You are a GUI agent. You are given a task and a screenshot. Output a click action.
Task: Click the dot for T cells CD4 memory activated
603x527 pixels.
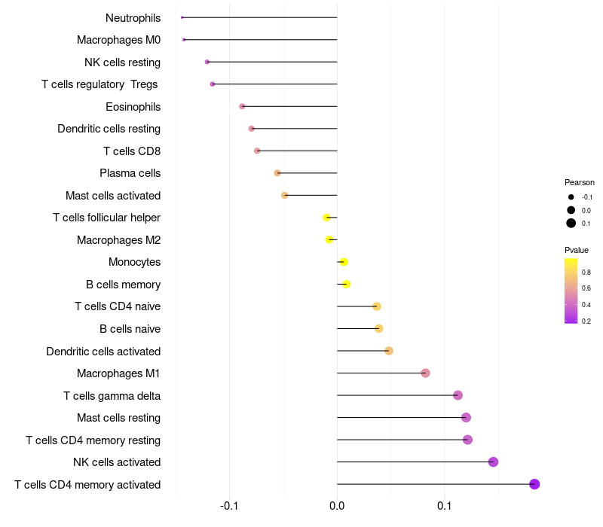534,484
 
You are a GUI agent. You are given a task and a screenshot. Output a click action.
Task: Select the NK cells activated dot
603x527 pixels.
493,462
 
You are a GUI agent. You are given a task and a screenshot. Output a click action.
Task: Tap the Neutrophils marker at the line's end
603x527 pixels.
182,17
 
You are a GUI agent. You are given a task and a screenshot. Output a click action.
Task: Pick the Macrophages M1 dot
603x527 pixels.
425,373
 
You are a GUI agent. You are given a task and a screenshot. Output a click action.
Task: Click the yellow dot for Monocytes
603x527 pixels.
344,262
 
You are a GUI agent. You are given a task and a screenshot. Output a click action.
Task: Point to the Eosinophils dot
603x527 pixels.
242,106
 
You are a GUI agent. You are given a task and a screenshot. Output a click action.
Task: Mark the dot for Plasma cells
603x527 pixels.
277,173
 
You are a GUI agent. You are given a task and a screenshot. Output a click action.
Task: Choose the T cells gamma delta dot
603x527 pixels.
458,395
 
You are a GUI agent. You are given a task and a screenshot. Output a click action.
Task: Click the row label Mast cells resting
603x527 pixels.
118,418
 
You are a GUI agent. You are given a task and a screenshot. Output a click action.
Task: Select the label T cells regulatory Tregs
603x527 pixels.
99,84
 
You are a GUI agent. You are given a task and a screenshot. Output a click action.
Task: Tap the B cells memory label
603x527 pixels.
123,285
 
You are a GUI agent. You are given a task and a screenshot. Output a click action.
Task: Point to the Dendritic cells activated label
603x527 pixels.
103,352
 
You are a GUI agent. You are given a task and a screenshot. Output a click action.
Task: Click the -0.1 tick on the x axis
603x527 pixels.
230,505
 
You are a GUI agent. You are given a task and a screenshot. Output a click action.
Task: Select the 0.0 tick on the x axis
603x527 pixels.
337,505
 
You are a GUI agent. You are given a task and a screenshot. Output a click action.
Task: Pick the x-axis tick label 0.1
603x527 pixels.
444,505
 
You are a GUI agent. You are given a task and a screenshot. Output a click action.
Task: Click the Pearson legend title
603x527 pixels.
580,182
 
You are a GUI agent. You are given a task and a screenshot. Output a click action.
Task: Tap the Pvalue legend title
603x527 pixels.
577,250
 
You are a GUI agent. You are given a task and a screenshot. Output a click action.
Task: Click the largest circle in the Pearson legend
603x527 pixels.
571,223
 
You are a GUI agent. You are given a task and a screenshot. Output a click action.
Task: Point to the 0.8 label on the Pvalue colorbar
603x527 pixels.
586,272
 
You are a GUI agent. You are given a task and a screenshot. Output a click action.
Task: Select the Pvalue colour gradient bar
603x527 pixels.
571,291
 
